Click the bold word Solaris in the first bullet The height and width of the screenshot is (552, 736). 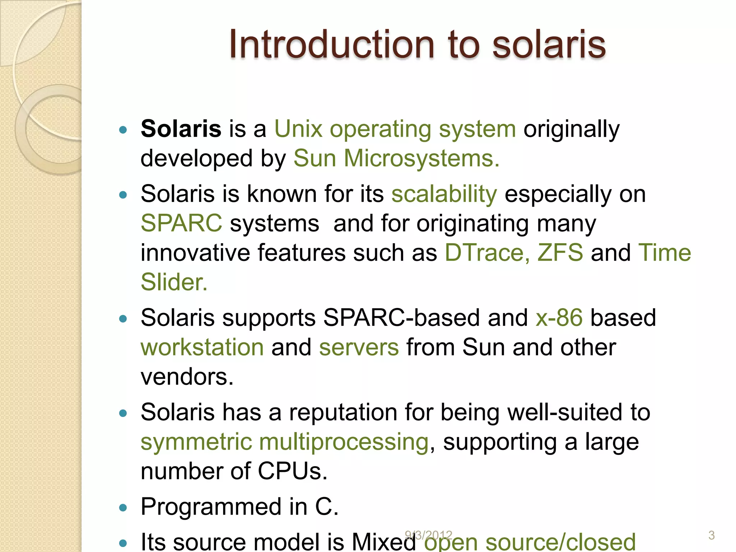(181, 129)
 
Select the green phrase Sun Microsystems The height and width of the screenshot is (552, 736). (396, 158)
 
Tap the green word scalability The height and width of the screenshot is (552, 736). (444, 194)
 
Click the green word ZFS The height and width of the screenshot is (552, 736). (560, 253)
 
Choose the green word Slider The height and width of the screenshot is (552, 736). (174, 282)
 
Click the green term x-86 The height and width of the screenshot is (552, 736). (559, 318)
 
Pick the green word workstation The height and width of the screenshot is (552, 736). (202, 348)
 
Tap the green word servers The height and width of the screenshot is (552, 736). (359, 348)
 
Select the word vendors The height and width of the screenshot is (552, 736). (187, 377)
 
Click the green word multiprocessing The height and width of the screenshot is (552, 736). (344, 442)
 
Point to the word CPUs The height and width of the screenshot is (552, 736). (292, 471)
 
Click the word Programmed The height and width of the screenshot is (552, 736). (211, 507)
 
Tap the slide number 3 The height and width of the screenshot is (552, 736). (711, 535)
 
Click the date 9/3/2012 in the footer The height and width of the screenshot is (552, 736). (428, 535)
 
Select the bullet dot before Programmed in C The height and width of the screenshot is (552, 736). (123, 507)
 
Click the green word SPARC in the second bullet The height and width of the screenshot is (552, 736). (181, 224)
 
